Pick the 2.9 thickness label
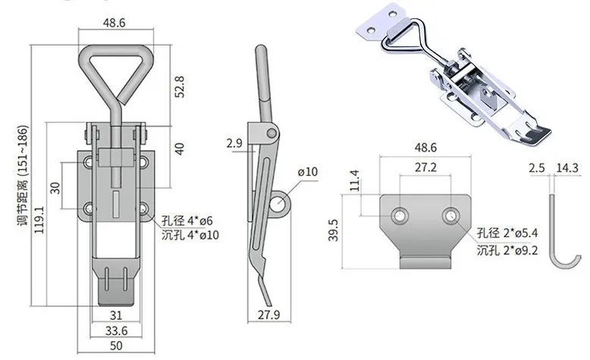[x=234, y=142]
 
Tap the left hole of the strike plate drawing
[x=399, y=216]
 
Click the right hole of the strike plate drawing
[x=451, y=216]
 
